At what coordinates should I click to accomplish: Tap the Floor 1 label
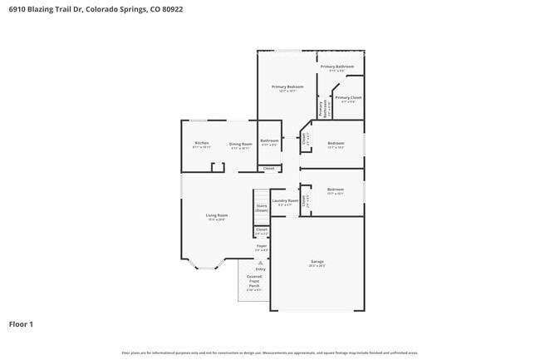coord(21,323)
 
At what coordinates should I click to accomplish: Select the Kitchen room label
coord(202,144)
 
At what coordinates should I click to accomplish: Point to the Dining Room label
coord(240,144)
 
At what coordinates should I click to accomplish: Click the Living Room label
coord(217,215)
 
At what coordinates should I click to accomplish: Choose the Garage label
coord(317,262)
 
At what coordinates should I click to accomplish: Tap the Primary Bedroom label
coord(287,86)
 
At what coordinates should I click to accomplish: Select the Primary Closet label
coord(348,98)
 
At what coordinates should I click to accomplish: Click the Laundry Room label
coord(285,200)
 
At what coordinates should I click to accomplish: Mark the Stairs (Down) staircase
coord(261,207)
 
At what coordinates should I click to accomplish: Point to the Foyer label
coord(261,246)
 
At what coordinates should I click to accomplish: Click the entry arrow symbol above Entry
coord(261,262)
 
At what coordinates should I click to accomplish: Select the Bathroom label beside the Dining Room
coord(269,141)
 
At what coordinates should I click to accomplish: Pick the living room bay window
coord(206,265)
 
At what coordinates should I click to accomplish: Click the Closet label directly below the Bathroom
coord(268,169)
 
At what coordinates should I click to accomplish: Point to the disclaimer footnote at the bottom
coord(270,353)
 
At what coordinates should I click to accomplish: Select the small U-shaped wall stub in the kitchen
coord(218,167)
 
